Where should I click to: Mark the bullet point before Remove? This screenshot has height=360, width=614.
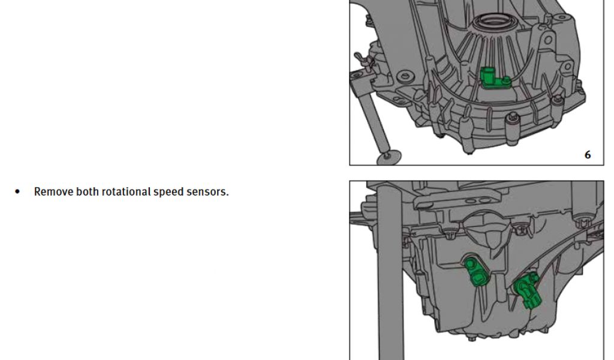point(17,192)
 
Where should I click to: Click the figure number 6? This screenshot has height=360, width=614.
point(588,155)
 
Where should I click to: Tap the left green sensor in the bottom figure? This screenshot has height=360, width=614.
point(475,271)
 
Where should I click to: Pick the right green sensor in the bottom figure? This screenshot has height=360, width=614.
point(528,290)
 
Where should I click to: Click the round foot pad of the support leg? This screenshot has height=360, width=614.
point(388,157)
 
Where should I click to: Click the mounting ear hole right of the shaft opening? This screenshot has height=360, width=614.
point(548,40)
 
